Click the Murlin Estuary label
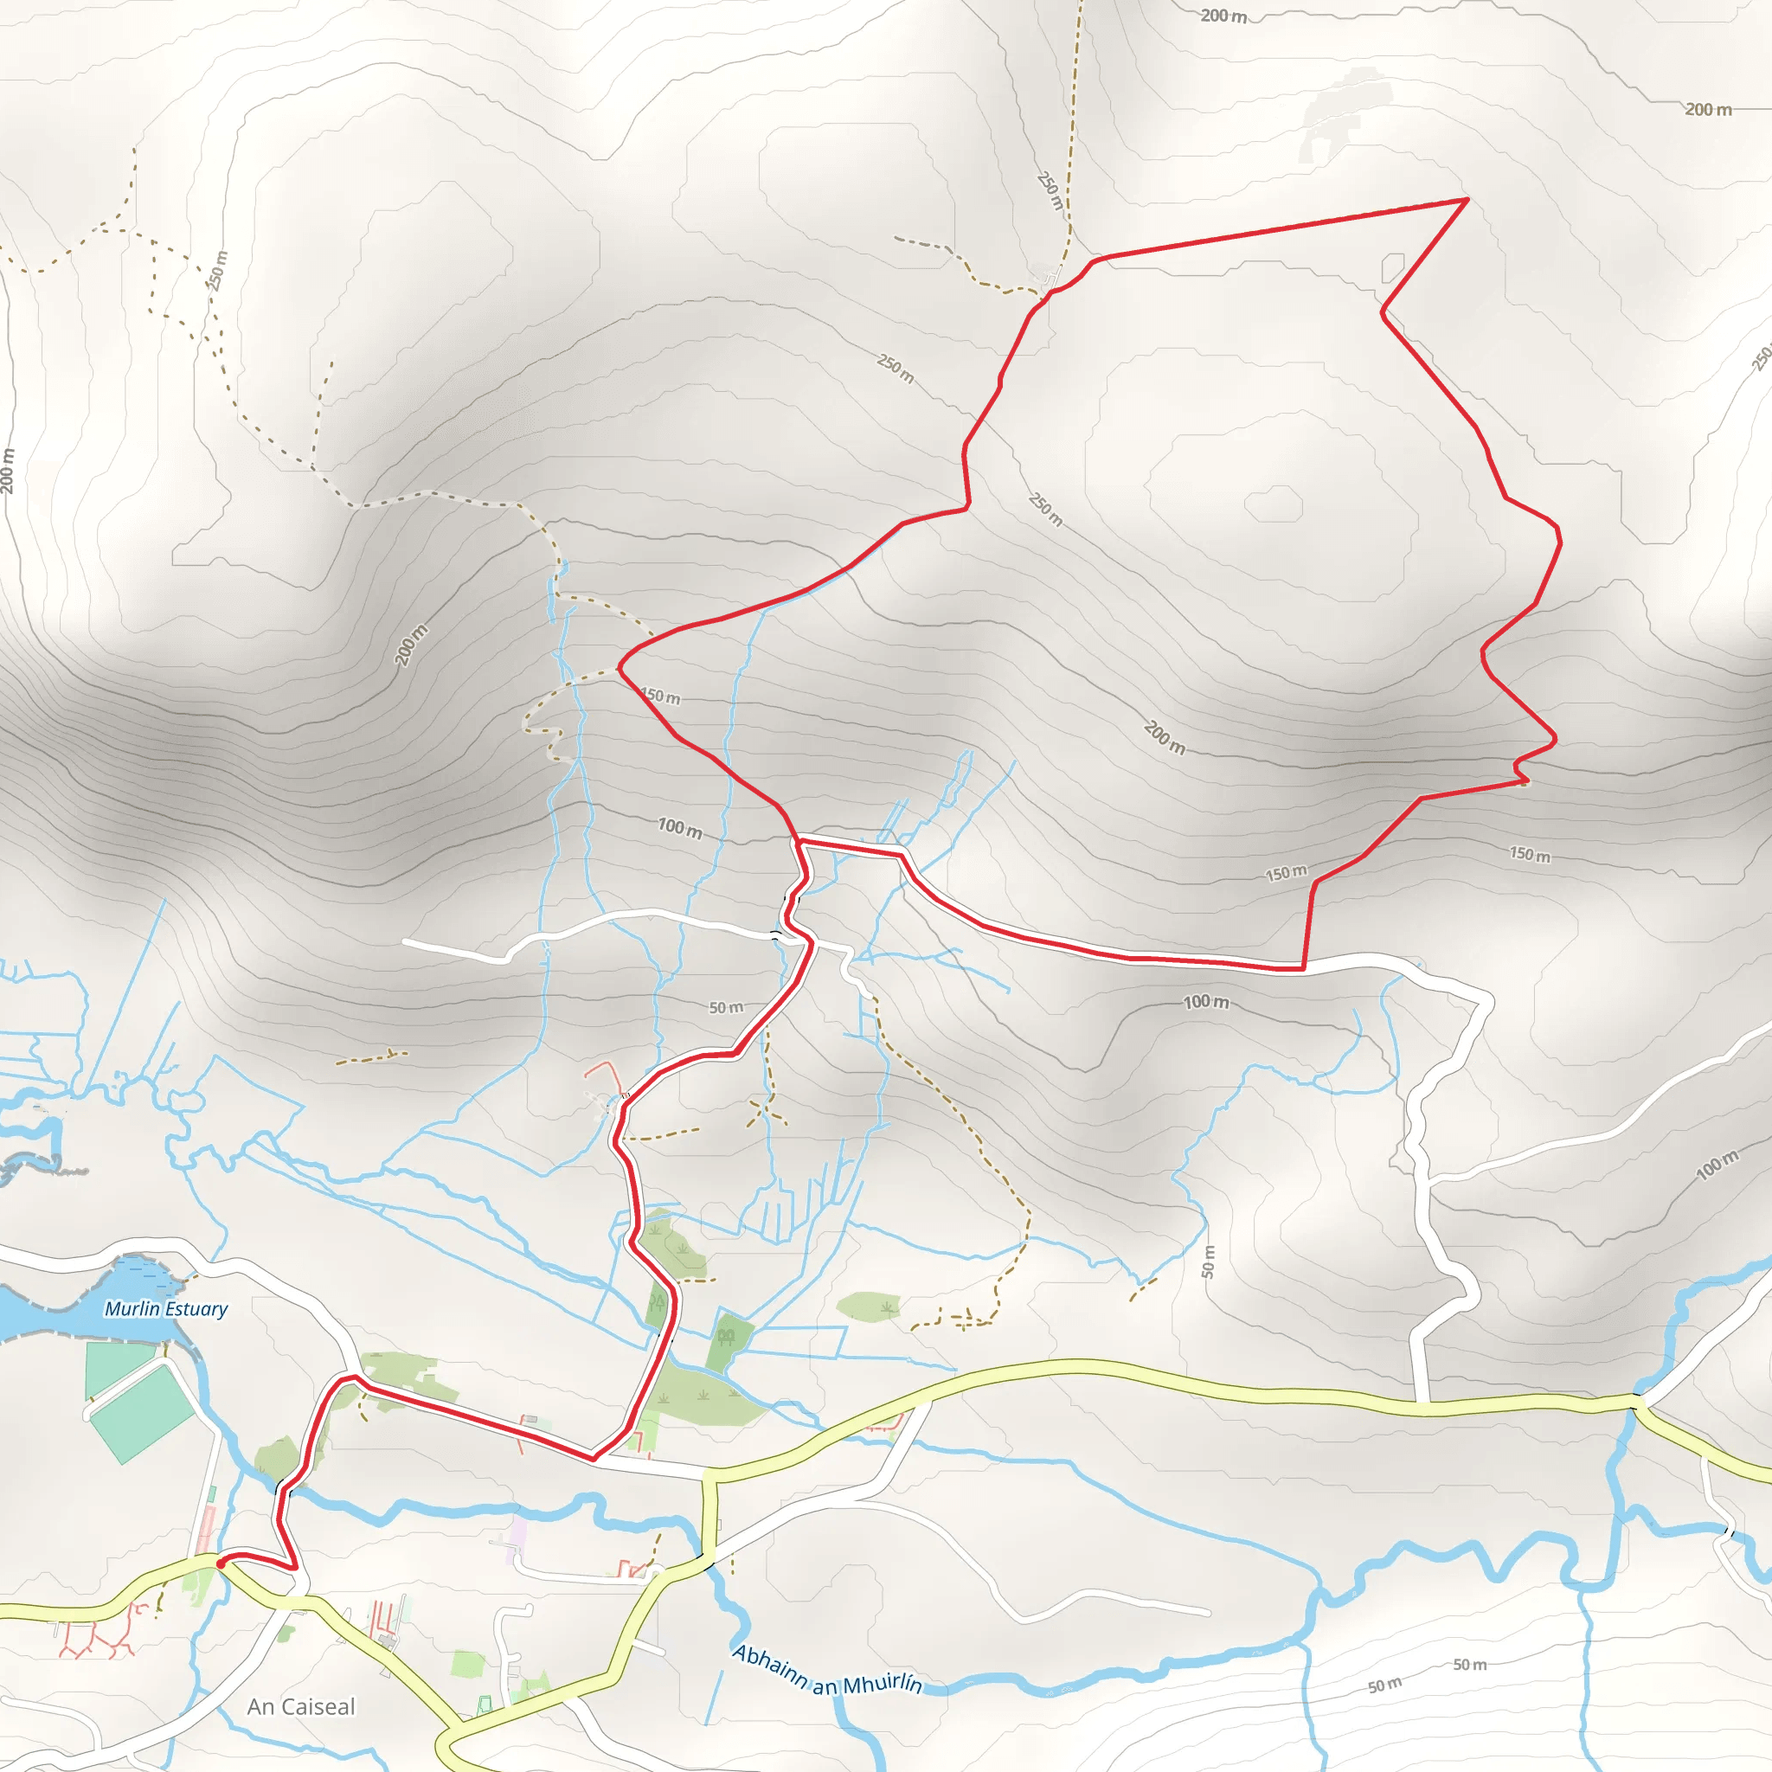coord(166,1309)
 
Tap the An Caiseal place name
coord(301,1707)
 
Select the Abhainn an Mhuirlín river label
coord(826,1672)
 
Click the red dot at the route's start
coord(220,1563)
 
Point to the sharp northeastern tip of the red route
coord(1467,199)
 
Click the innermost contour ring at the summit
coord(1273,504)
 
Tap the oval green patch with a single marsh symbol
coord(868,1306)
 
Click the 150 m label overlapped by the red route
coord(660,697)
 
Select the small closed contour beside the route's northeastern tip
coord(1392,266)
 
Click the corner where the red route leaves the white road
coord(1303,967)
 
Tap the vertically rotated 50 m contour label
coord(1208,1262)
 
